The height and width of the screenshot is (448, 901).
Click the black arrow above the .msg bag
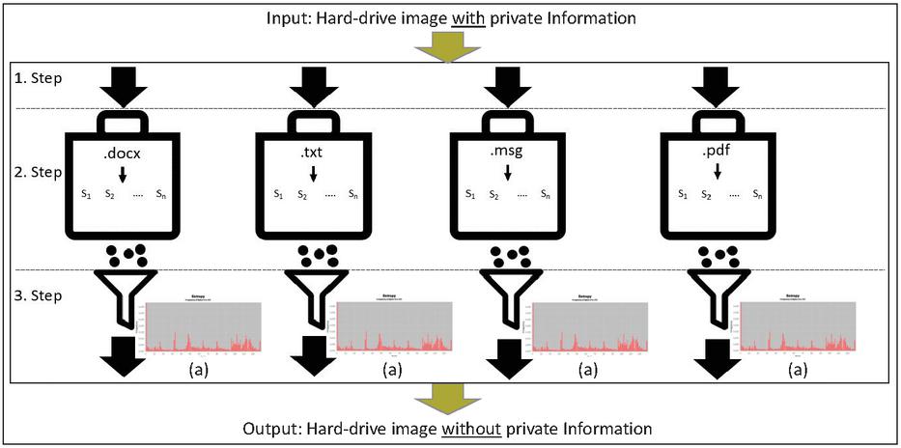[x=507, y=87]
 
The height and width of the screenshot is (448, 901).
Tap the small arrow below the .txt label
[x=314, y=174]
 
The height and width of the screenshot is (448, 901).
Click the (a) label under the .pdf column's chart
[x=797, y=368]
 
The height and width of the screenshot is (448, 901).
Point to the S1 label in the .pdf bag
[x=682, y=194]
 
